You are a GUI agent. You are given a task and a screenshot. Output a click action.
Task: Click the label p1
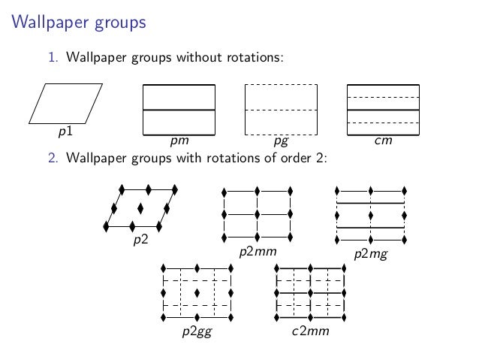click(65, 132)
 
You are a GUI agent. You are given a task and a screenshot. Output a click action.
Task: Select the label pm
click(179, 141)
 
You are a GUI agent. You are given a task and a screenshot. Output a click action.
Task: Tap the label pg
click(282, 141)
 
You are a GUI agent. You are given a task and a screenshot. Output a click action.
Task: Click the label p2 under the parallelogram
click(140, 240)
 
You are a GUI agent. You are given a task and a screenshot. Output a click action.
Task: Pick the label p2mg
click(371, 254)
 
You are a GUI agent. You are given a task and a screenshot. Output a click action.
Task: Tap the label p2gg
click(197, 331)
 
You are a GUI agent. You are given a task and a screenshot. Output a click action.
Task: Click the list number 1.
click(53, 57)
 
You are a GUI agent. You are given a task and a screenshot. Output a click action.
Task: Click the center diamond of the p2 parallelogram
click(140, 207)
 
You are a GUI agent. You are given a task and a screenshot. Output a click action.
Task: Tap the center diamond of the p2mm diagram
click(258, 215)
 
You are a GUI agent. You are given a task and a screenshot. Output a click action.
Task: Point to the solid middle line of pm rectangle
click(179, 110)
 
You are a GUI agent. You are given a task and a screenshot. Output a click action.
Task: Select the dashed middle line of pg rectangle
click(282, 110)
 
